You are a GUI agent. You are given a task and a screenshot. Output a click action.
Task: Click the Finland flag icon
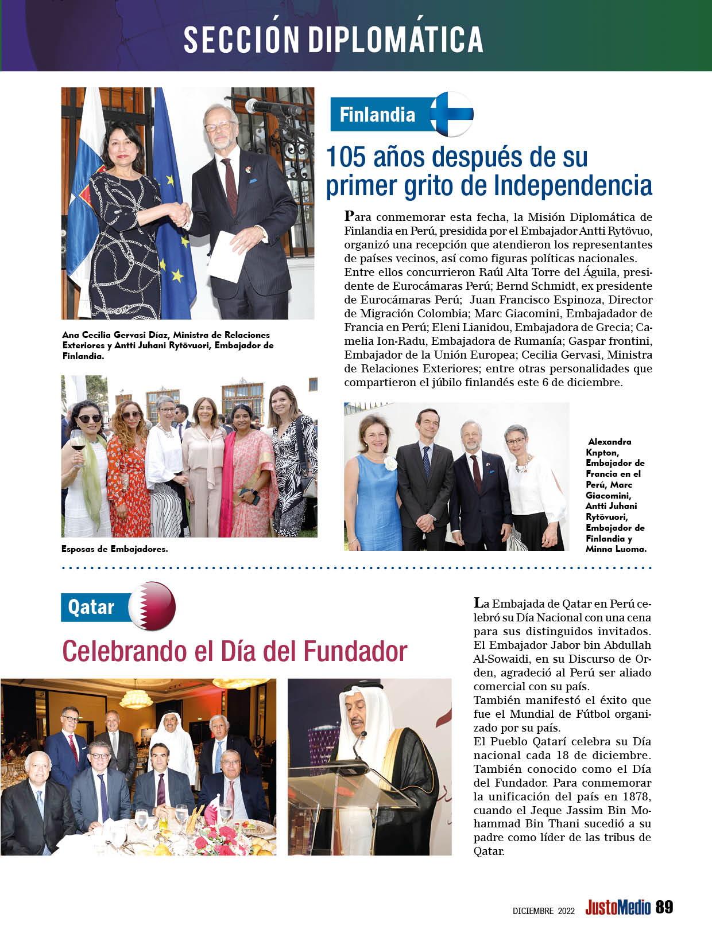pos(452,113)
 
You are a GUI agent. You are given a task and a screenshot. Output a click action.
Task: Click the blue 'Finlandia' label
pos(377,115)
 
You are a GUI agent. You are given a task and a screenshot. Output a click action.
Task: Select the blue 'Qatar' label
pos(91,607)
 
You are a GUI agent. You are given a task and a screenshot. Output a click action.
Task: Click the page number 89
pos(664,908)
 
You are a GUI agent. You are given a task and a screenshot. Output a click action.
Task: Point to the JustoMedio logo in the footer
pos(618,908)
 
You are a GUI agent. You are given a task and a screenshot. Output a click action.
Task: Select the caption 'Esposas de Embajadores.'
pos(115,549)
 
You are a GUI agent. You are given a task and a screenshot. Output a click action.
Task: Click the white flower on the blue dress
pos(391,464)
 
